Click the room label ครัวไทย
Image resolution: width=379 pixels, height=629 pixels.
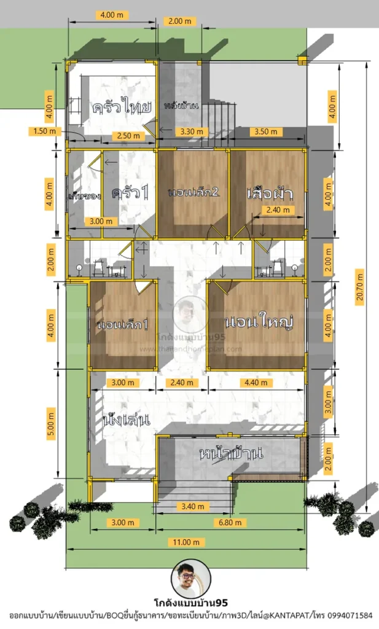point(122,107)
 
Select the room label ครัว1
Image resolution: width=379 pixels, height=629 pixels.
point(130,192)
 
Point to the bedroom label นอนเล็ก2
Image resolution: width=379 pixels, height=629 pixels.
point(193,192)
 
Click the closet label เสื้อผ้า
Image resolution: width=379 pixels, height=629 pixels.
point(268,192)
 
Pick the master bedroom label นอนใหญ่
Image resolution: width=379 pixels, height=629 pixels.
point(257,322)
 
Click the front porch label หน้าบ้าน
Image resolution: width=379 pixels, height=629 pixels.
point(231,454)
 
